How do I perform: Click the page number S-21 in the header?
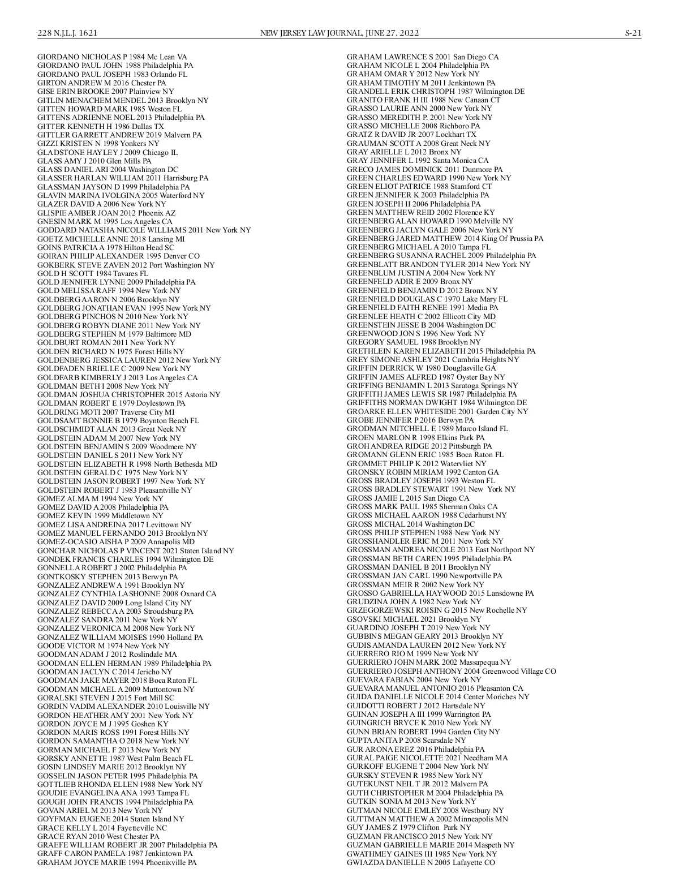coord(633,33)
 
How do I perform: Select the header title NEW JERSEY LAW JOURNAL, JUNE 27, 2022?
coord(339,33)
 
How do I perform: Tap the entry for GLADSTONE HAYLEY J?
coord(108,152)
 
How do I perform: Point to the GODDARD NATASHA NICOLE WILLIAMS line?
coord(144,230)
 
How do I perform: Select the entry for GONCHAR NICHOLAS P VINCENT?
coord(135,550)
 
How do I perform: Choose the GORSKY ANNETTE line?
coord(115,758)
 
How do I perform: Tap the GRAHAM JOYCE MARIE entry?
coord(117,862)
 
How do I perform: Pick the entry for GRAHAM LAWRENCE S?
coord(423,57)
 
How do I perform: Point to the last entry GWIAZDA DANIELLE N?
coord(420,862)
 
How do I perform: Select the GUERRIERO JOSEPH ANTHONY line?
coord(451,671)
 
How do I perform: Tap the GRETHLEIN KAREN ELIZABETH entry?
coord(441,351)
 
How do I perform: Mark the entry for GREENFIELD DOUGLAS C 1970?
coord(427,299)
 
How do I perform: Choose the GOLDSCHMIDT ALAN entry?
coord(111,429)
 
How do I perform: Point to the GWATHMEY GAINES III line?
coord(422,854)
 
